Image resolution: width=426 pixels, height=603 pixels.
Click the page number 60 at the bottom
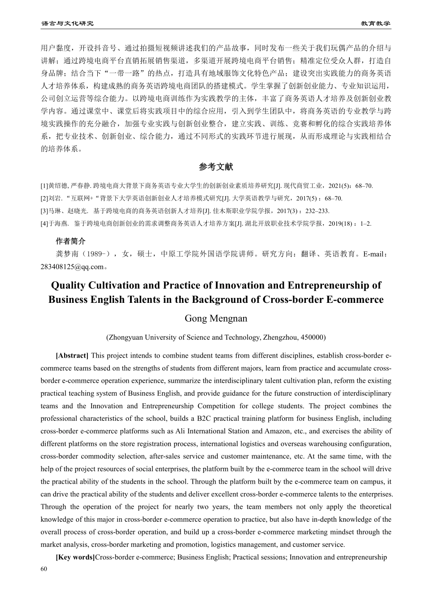(44, 569)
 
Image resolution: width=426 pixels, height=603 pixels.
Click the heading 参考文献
(216, 167)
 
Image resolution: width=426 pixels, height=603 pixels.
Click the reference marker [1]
(44, 186)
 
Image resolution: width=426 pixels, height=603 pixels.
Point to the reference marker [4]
(44, 223)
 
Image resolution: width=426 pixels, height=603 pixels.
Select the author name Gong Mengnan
(216, 319)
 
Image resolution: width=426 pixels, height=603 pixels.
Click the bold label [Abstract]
(72, 356)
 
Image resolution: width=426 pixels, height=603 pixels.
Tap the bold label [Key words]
(75, 557)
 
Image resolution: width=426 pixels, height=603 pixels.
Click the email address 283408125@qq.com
(72, 267)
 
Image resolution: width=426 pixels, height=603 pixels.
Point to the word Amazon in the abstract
(278, 431)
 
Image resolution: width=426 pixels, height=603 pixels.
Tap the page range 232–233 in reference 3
(317, 211)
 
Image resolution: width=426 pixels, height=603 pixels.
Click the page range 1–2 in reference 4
(365, 223)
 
